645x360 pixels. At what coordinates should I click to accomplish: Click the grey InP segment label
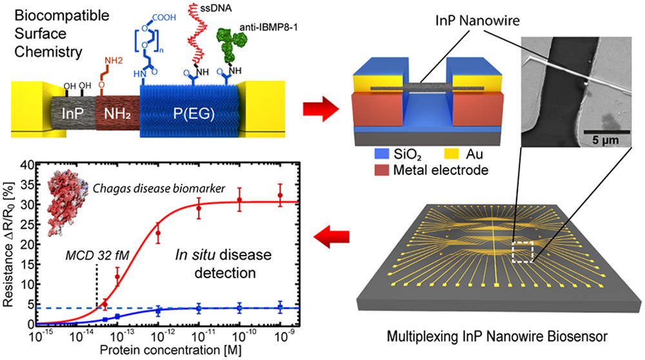[x=73, y=114]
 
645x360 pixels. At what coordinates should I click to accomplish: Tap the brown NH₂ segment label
[x=117, y=114]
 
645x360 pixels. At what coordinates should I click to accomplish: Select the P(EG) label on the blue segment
[x=193, y=114]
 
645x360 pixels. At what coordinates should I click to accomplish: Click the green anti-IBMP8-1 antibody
[x=232, y=45]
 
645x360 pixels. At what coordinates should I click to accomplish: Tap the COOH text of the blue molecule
[x=164, y=17]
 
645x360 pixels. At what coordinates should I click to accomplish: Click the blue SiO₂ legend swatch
[x=381, y=154]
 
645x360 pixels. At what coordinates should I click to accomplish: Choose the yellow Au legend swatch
[x=451, y=154]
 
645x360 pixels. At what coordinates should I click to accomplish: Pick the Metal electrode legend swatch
[x=381, y=170]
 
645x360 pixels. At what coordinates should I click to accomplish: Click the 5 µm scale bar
[x=606, y=132]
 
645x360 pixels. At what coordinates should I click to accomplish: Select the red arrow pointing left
[x=332, y=237]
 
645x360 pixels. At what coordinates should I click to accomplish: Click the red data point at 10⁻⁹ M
[x=280, y=195]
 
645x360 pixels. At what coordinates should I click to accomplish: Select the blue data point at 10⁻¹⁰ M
[x=239, y=308]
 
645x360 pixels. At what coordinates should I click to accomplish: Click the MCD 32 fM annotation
[x=97, y=255]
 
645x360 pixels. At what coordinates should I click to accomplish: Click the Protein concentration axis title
[x=170, y=350]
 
